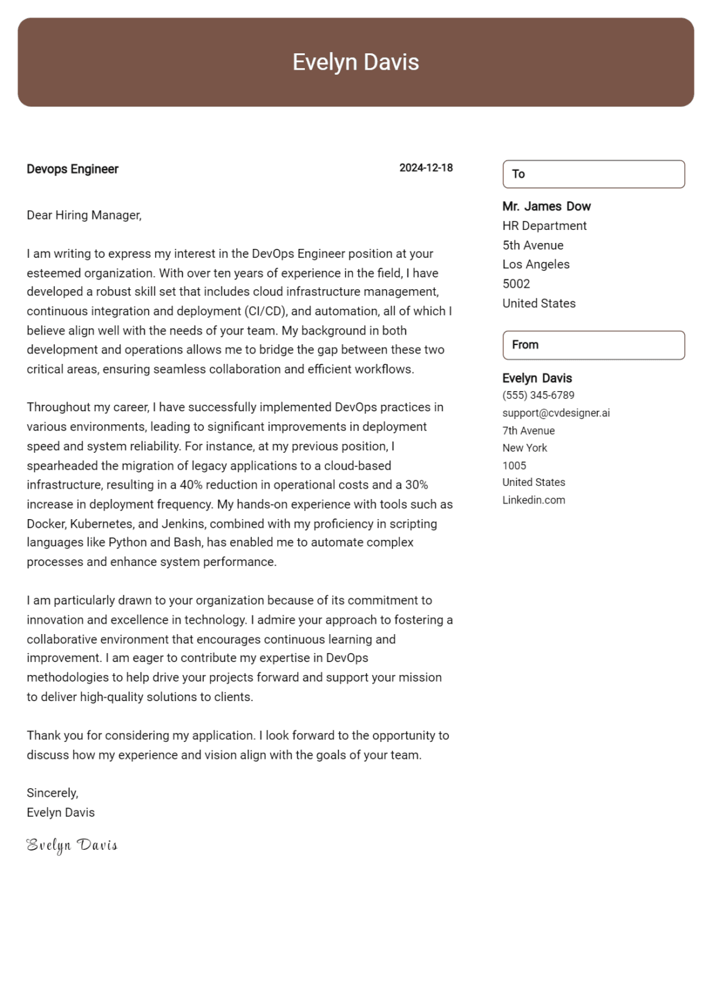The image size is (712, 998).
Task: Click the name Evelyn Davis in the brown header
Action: [356, 62]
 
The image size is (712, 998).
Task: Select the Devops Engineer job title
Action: [72, 169]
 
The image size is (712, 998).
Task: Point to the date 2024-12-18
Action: [426, 168]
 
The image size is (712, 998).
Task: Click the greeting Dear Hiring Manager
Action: [84, 215]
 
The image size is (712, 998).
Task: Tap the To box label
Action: [518, 174]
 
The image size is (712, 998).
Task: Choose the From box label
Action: [525, 345]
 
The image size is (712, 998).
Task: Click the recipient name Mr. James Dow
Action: [546, 207]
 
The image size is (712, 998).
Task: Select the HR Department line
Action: [544, 226]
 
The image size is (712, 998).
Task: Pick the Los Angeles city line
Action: [536, 264]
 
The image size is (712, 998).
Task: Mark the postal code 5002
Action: [516, 284]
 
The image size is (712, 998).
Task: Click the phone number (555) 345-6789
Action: [538, 395]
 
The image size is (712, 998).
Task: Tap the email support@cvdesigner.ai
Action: [556, 413]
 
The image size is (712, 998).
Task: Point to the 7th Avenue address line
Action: [528, 431]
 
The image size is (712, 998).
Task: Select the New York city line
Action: [525, 448]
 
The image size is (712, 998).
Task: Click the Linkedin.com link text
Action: [533, 500]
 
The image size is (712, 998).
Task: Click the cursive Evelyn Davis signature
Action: [72, 845]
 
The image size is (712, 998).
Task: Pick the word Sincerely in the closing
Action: [52, 793]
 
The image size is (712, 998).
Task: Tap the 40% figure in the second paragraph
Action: [191, 485]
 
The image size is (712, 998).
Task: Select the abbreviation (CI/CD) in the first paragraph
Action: [266, 311]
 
